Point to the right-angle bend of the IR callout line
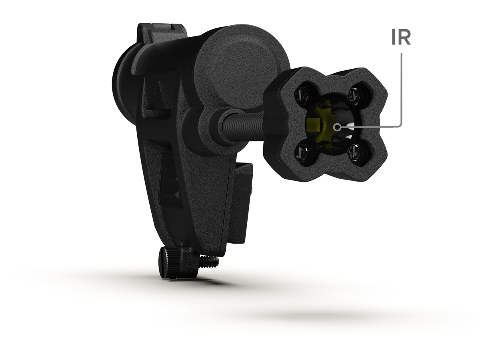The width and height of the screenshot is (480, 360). [400, 126]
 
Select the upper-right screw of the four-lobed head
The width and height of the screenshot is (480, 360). [354, 95]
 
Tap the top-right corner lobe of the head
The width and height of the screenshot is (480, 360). [372, 78]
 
